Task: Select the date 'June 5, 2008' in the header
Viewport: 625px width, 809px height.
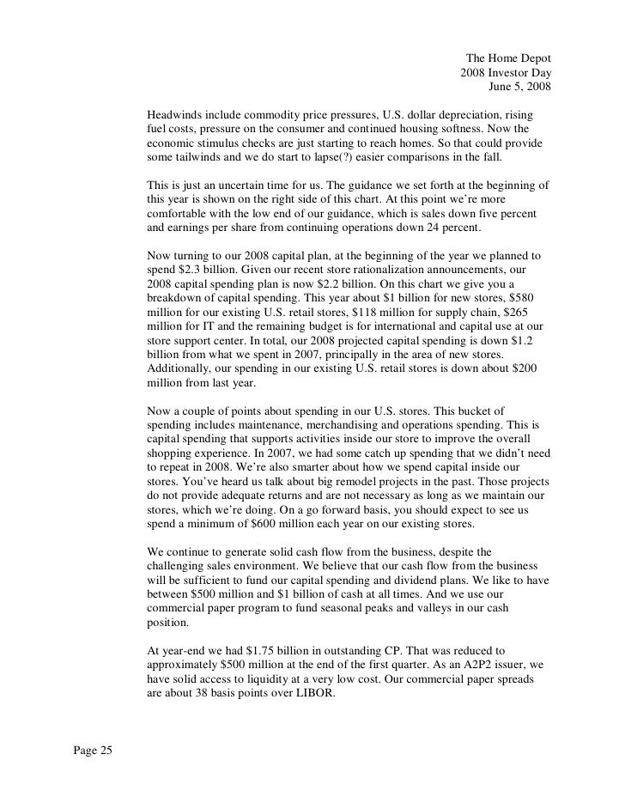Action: point(519,86)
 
